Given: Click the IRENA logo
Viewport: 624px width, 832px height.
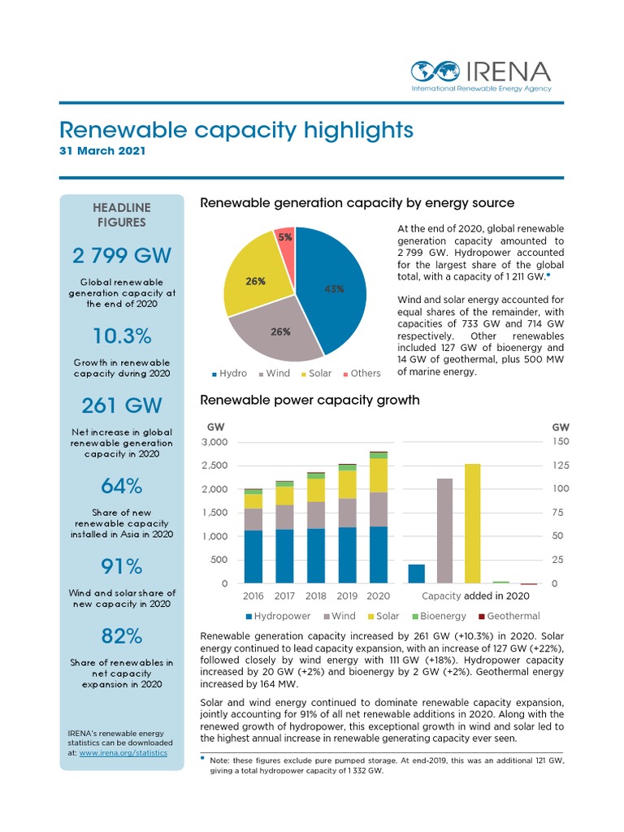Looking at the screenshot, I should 481,75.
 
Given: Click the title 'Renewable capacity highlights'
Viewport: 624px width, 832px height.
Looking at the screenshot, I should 236,130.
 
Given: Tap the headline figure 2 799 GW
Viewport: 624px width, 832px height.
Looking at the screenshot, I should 121,256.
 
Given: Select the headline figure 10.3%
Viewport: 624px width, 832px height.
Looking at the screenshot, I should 121,336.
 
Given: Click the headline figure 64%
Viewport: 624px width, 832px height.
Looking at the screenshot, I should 121,486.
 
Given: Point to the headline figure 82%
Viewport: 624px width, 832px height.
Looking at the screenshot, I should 121,635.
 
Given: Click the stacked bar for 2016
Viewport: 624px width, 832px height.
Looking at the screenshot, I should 253,536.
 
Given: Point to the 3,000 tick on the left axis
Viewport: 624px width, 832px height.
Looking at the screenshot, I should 215,442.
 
